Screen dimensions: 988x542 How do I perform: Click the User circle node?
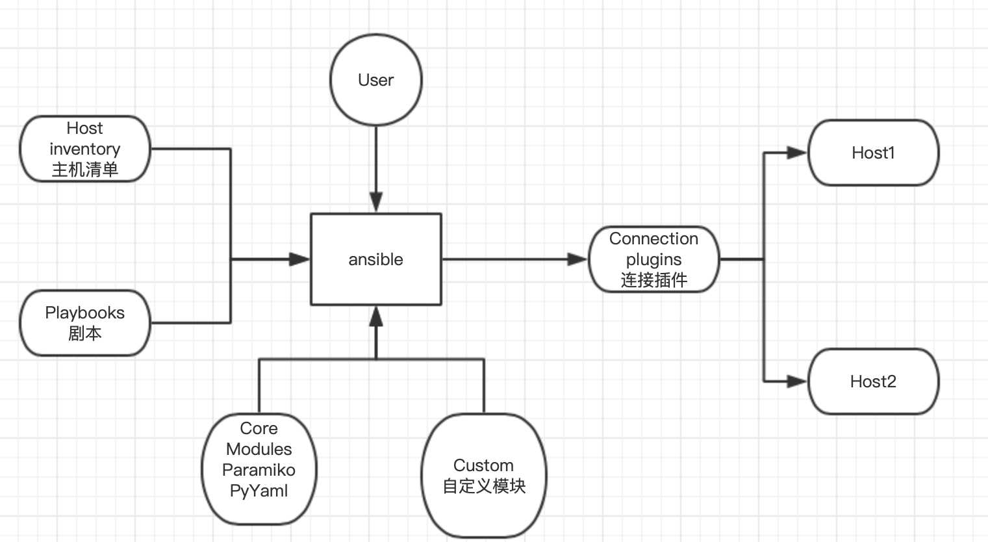tap(376, 80)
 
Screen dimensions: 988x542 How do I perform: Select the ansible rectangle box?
tap(376, 259)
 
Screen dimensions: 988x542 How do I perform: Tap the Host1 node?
tap(873, 153)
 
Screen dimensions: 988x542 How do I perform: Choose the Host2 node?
tap(873, 381)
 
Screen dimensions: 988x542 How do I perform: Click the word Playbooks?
tap(84, 313)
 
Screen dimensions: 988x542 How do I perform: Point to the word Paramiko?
tap(259, 470)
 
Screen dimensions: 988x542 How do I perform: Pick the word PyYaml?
tap(259, 491)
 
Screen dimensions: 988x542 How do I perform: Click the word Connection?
tap(653, 239)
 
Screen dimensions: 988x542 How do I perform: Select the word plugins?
tap(653, 259)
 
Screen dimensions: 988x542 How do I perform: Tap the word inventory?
tap(84, 149)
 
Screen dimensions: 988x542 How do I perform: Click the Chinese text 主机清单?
tap(84, 170)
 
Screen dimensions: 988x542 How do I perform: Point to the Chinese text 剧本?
tap(84, 333)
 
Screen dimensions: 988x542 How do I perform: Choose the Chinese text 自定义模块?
tap(484, 486)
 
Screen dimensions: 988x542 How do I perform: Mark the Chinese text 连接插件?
tap(653, 280)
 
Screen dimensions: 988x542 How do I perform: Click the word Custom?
tap(483, 465)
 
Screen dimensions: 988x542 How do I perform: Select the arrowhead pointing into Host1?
tap(797, 153)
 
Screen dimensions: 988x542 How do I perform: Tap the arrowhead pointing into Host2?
tap(797, 381)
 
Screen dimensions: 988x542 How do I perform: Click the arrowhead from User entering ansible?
tap(376, 202)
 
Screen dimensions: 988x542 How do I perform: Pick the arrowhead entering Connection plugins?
tap(577, 259)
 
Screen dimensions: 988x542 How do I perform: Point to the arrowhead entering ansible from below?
tap(376, 316)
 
